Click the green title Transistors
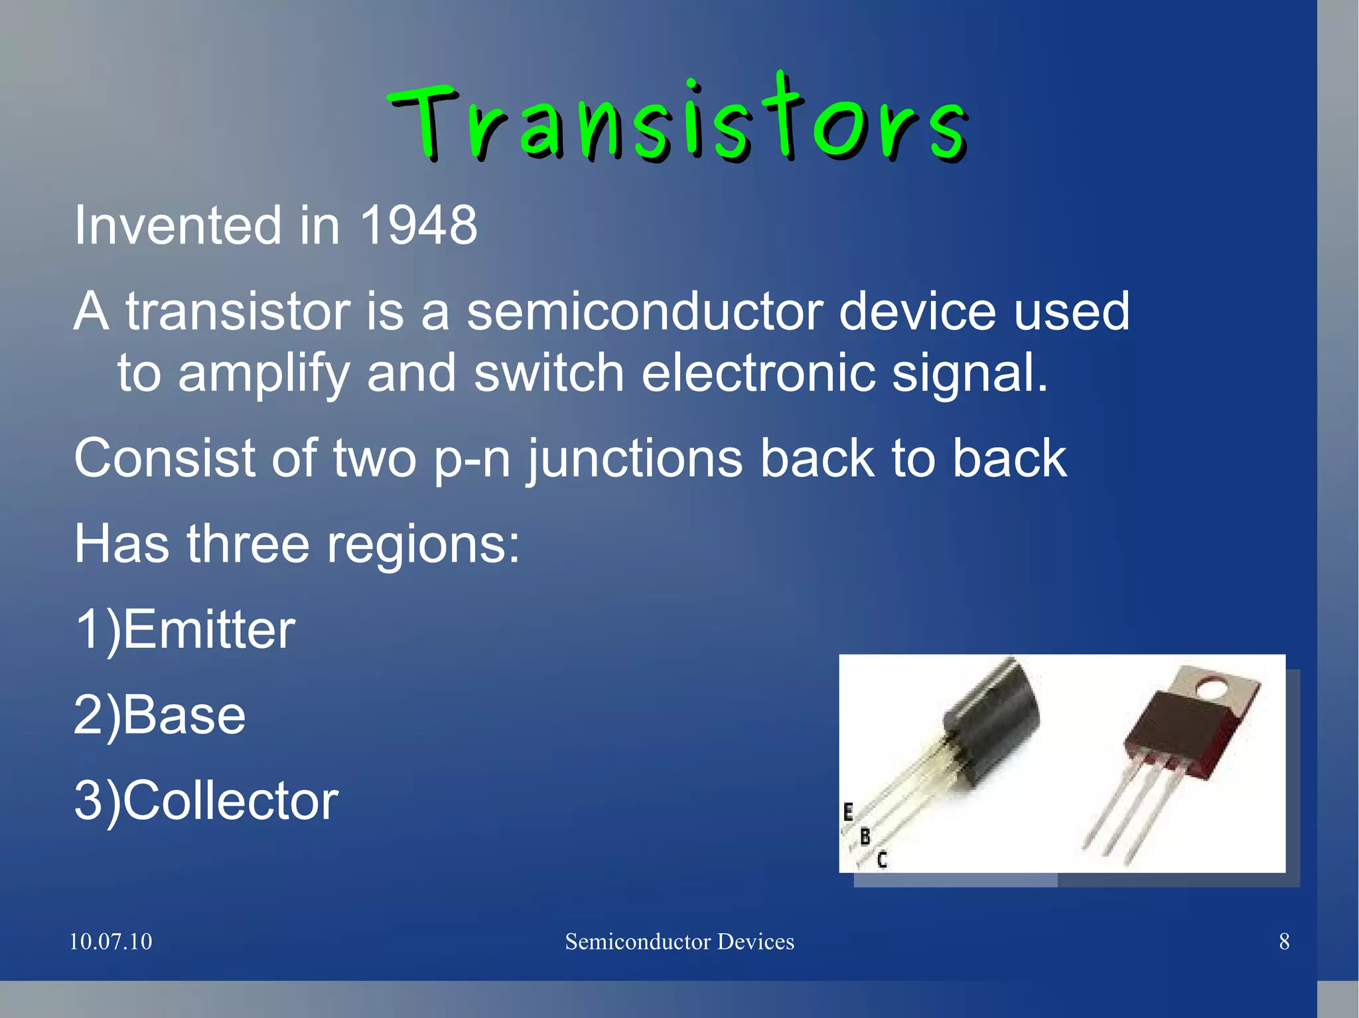click(x=677, y=123)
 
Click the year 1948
click(x=418, y=225)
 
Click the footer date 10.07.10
click(x=111, y=942)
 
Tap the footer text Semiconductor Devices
click(x=679, y=942)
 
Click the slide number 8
click(x=1284, y=942)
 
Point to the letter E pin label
click(x=848, y=812)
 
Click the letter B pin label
click(x=865, y=837)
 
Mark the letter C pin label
click(x=882, y=860)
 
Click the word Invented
click(x=178, y=225)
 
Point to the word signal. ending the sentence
click(x=969, y=373)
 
